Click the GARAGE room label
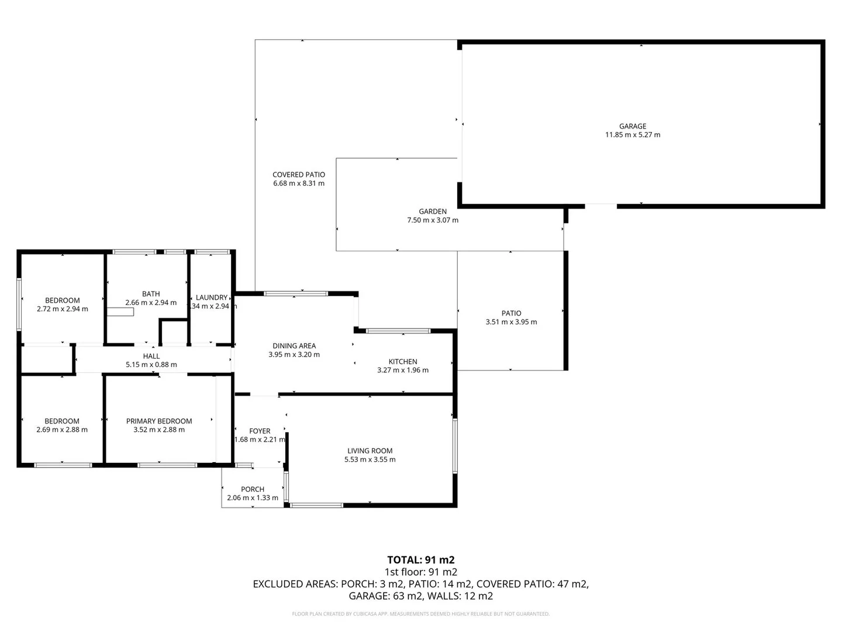click(633, 126)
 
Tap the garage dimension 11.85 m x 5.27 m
click(633, 135)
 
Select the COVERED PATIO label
click(299, 175)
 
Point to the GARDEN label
click(433, 212)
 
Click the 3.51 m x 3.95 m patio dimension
click(511, 322)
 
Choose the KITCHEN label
click(403, 362)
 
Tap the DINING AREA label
click(294, 346)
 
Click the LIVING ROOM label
click(370, 451)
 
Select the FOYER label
click(260, 431)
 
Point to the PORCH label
click(253, 490)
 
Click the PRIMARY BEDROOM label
click(159, 421)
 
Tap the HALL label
click(151, 356)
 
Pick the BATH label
click(151, 294)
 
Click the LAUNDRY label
click(211, 297)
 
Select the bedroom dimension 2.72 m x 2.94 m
click(62, 309)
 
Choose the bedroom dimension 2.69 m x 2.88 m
click(62, 430)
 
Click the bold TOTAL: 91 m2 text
click(421, 560)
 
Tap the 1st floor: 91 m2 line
click(421, 572)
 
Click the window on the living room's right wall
click(455, 445)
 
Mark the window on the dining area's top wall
click(296, 293)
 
